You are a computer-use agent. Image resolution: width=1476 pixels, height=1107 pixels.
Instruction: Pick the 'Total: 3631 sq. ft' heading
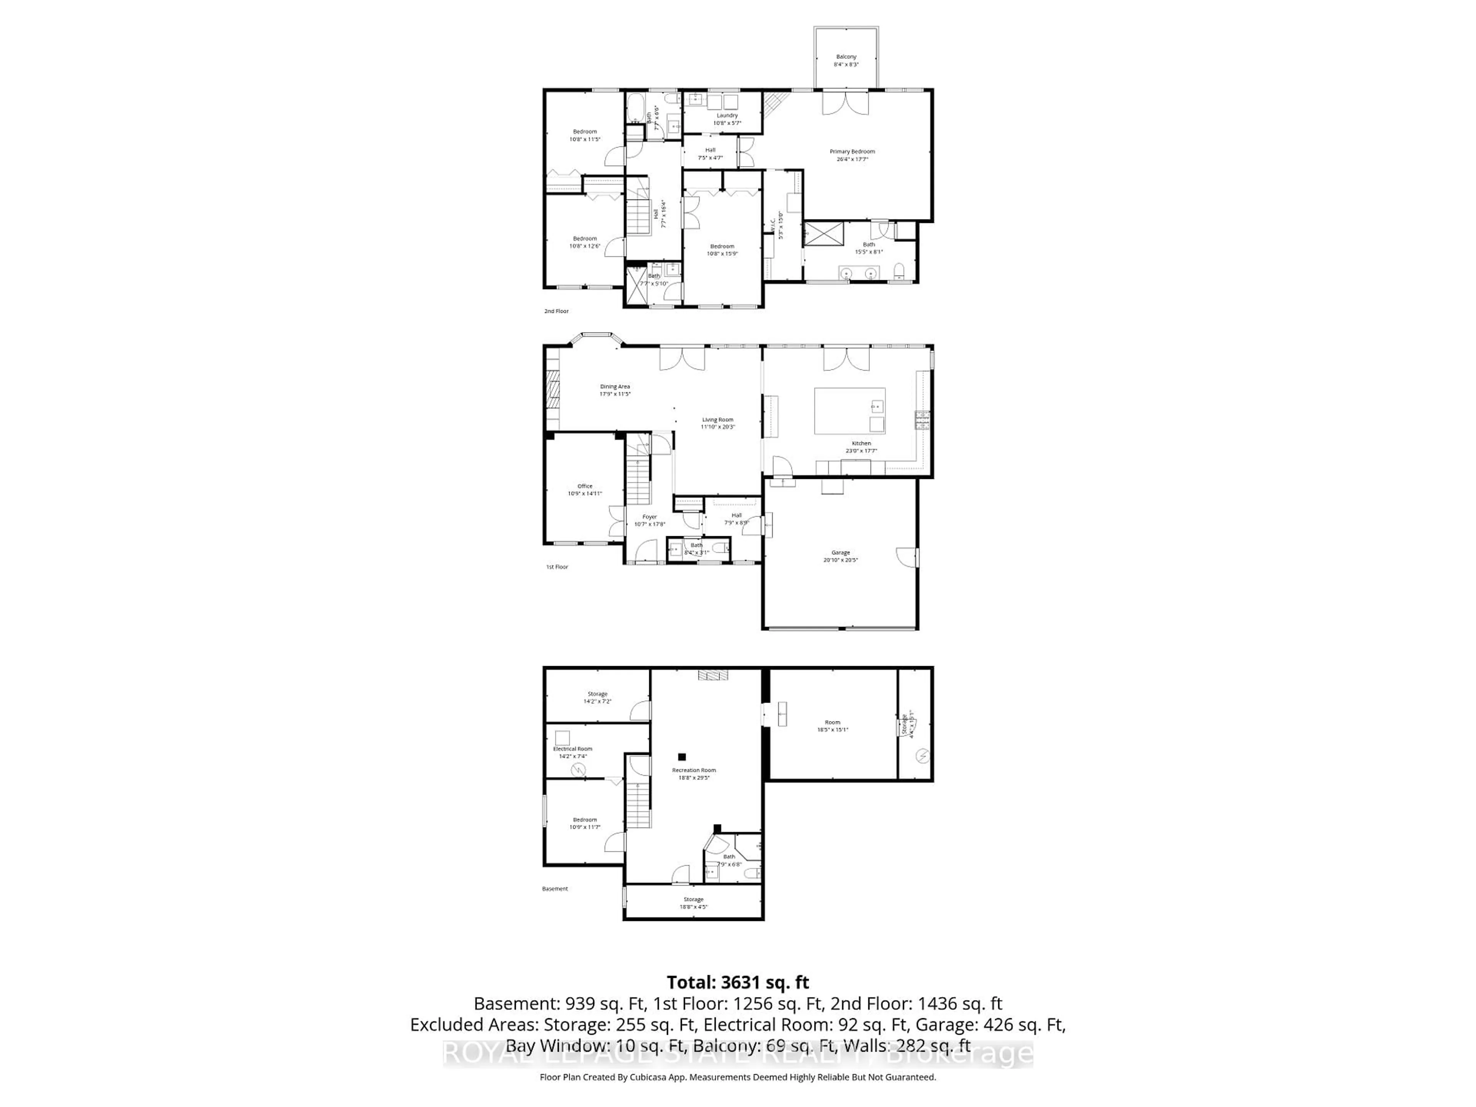(737, 982)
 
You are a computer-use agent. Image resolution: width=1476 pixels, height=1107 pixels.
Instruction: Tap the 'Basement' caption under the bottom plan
(555, 889)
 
